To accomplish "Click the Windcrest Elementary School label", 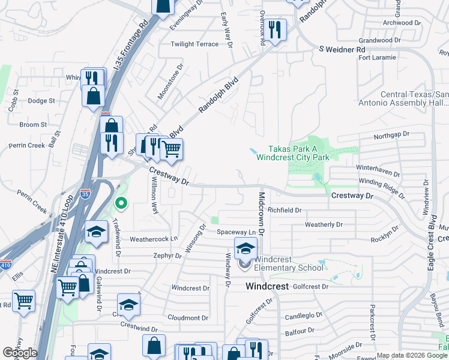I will tap(289, 263).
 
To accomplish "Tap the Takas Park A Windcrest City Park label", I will tap(293, 153).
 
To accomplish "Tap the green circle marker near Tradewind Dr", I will tap(121, 203).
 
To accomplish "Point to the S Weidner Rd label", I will tap(342, 49).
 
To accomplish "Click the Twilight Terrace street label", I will tap(194, 44).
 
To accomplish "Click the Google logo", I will tap(20, 353).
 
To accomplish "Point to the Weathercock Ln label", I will tap(154, 239).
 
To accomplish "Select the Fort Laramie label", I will tap(377, 58).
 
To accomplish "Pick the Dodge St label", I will tap(41, 101).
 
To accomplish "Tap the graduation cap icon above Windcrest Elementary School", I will tap(246, 248).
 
